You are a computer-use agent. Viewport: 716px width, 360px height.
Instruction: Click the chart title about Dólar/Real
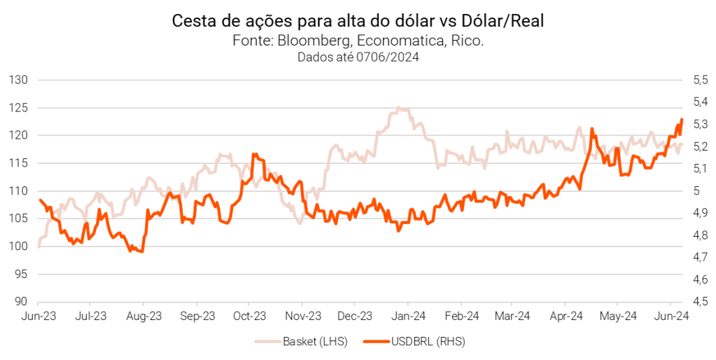click(x=358, y=21)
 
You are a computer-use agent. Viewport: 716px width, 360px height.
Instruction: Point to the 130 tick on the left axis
click(x=17, y=80)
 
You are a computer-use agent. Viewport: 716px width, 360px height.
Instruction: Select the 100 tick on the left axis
click(x=17, y=247)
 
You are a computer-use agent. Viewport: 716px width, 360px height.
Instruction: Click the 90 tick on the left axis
click(x=20, y=302)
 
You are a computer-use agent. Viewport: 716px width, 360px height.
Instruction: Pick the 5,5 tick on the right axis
click(x=701, y=80)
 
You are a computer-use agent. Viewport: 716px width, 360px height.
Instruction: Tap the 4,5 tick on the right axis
click(x=701, y=302)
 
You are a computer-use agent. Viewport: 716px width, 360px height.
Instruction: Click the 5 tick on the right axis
click(x=696, y=191)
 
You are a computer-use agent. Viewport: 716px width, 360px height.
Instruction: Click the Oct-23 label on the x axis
click(x=250, y=317)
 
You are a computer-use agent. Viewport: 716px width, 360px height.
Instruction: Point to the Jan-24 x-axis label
click(x=408, y=317)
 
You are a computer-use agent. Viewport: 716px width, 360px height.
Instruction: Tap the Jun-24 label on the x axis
click(x=673, y=317)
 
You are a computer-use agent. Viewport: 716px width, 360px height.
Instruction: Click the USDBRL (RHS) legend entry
click(x=425, y=342)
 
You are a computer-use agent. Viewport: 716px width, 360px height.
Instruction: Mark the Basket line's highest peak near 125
click(x=398, y=108)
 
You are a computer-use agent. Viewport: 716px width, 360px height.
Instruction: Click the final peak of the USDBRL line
click(x=682, y=120)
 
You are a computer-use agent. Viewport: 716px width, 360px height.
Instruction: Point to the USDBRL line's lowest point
click(x=142, y=251)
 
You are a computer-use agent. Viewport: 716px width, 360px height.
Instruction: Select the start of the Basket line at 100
click(x=38, y=247)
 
